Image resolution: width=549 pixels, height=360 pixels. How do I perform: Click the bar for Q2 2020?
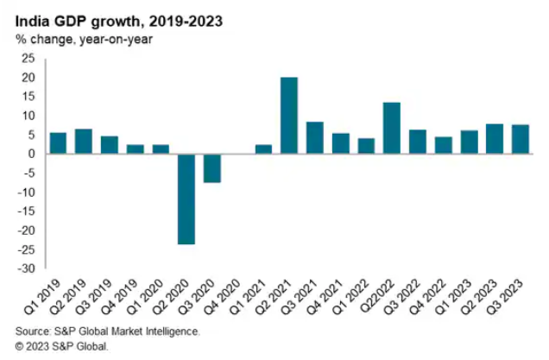coord(186,199)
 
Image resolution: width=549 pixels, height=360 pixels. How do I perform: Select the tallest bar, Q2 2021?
coord(289,116)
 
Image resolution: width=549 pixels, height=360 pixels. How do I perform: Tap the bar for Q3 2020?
coord(211,168)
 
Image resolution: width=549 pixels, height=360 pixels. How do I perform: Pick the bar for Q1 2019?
coord(58,143)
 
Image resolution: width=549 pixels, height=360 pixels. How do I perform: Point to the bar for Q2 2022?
coord(391,128)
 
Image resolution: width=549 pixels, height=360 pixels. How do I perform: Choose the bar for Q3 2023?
coord(520,139)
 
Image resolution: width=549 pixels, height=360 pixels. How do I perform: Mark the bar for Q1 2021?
coord(263,149)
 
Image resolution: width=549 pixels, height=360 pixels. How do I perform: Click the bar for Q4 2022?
coord(443,145)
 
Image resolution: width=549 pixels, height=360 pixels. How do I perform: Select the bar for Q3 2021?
coord(314,138)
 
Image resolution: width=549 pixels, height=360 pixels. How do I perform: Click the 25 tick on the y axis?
coord(28,59)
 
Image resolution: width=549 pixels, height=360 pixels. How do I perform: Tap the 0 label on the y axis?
coord(32,154)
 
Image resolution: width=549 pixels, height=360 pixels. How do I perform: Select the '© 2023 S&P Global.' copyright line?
coord(62,345)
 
